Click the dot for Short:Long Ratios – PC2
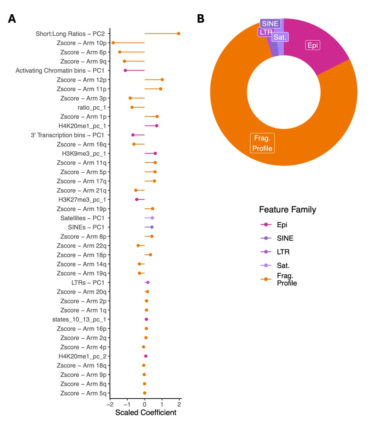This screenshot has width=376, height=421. [x=179, y=34]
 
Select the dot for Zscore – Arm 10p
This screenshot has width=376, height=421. [x=113, y=43]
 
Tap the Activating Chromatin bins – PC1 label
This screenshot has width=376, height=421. [x=60, y=70]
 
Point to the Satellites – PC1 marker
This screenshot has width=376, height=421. [x=152, y=218]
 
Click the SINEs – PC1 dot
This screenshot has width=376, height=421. [x=152, y=227]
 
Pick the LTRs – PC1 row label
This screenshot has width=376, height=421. [x=88, y=282]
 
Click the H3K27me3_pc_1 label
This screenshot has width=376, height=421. [x=82, y=200]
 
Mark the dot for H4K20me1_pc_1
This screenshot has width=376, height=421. [x=157, y=126]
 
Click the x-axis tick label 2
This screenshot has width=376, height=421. [x=179, y=405]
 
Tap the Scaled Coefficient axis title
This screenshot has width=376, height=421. [x=146, y=413]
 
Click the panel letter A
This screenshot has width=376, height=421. [x=12, y=19]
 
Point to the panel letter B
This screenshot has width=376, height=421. [x=201, y=19]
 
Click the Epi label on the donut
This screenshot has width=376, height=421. [x=313, y=45]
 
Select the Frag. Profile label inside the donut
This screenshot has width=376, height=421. [x=262, y=143]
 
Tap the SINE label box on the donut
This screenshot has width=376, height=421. [x=270, y=24]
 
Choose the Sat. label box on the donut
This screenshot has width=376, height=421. [x=280, y=37]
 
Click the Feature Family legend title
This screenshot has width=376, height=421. [x=288, y=209]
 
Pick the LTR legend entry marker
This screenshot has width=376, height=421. [x=266, y=252]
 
